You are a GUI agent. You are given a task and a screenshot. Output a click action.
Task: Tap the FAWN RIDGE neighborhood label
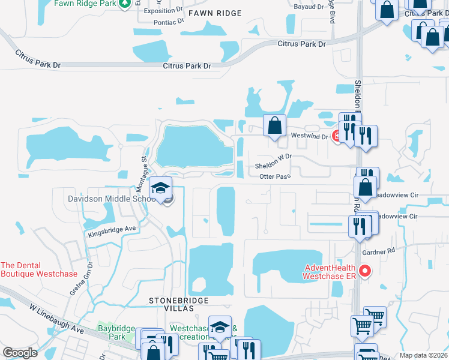click(x=214, y=13)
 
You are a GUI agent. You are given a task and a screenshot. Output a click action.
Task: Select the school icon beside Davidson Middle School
click(x=160, y=188)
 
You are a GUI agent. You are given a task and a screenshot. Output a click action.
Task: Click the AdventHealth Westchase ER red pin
click(x=365, y=272)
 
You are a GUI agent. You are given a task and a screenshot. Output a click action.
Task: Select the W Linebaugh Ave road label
click(x=57, y=319)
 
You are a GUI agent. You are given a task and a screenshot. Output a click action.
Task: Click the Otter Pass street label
click(x=275, y=176)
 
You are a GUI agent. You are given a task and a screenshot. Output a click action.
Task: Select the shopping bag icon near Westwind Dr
click(x=274, y=126)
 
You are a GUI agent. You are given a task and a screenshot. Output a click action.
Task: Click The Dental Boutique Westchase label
click(x=39, y=269)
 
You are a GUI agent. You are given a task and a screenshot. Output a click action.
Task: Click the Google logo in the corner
click(x=20, y=353)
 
